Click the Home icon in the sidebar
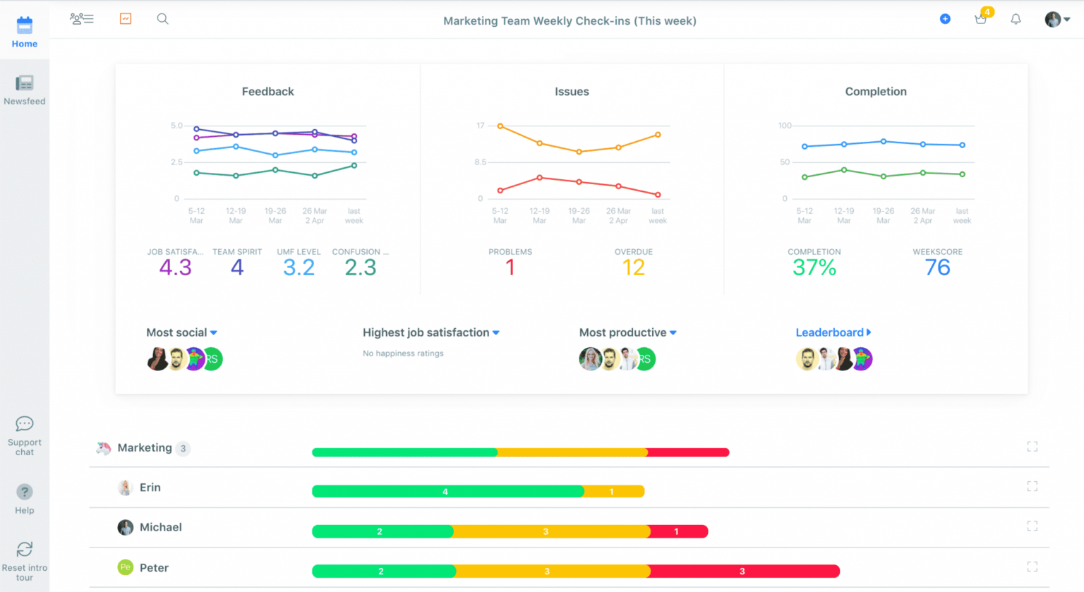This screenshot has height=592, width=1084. pos(24,26)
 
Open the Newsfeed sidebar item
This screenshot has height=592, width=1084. pos(24,83)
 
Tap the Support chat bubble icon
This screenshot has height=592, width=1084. pos(24,424)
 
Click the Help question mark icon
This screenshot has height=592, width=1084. pos(24,492)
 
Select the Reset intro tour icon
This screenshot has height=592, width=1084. pos(24,550)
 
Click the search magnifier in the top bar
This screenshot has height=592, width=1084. pos(162,19)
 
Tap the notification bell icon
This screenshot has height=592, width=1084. pos(1016,19)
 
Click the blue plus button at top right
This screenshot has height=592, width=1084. pos(945,19)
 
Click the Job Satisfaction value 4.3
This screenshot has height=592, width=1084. pos(175,267)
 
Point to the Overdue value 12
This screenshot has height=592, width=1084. pos(633,267)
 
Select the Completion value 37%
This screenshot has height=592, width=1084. pos(814,267)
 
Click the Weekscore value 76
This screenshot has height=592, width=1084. pos(937,267)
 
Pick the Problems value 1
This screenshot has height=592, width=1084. pos(510,267)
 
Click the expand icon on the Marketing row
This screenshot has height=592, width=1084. pos(1032,447)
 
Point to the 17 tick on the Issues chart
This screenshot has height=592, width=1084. pos(481,126)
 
